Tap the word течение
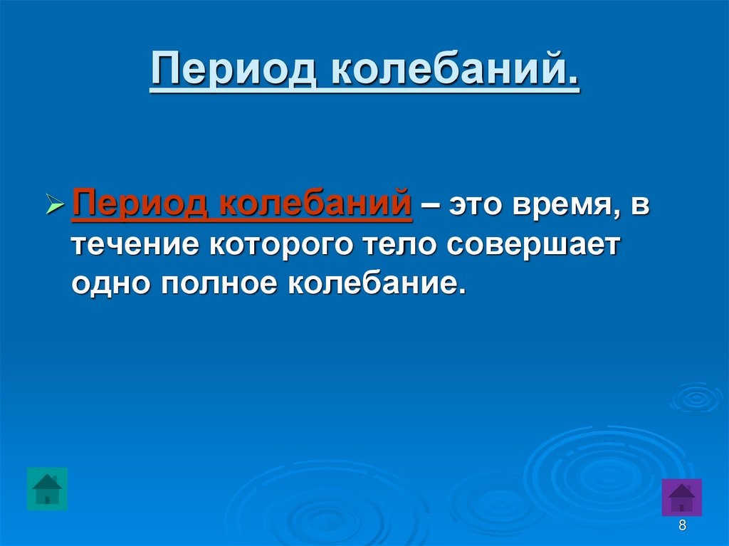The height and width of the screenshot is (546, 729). (135, 246)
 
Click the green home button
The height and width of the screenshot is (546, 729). (47, 489)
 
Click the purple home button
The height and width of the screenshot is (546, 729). (682, 497)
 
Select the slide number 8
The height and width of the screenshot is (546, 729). (682, 527)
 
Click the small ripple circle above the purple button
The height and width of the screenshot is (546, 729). (696, 397)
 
